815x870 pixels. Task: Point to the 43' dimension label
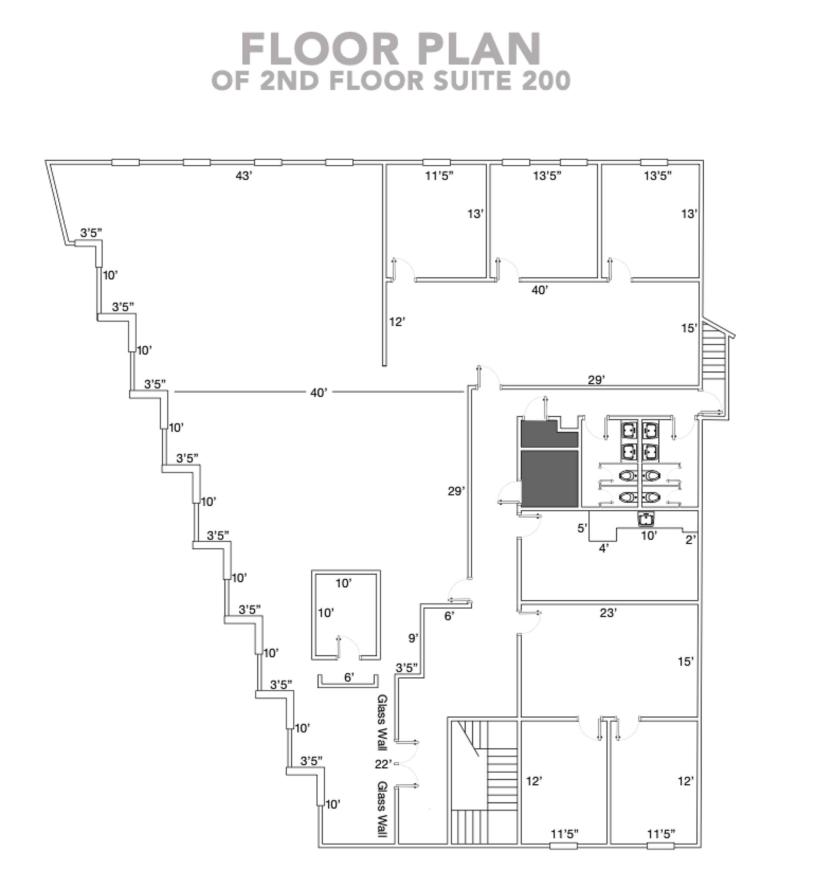244,176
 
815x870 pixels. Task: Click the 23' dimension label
608,613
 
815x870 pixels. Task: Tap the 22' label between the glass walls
383,764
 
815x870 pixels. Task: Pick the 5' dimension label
582,528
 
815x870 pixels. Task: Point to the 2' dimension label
690,540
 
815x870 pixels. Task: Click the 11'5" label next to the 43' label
439,176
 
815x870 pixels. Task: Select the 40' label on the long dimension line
319,393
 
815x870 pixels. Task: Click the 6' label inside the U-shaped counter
349,677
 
